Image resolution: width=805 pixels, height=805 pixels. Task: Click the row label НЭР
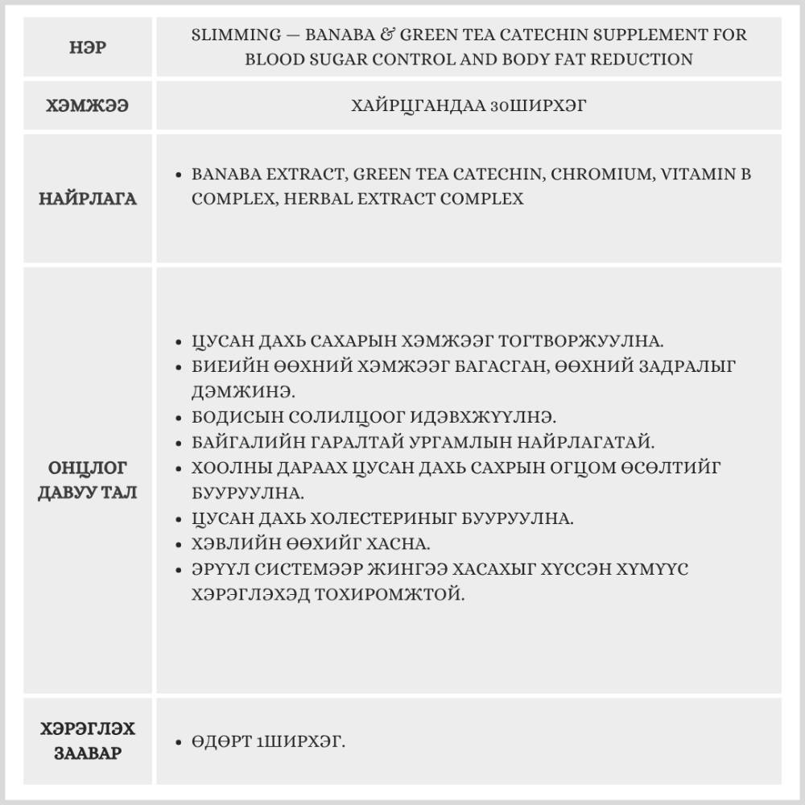click(x=88, y=47)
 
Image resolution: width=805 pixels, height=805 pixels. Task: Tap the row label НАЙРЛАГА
click(x=88, y=199)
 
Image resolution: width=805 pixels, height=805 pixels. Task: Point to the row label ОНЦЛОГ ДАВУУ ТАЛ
click(x=88, y=480)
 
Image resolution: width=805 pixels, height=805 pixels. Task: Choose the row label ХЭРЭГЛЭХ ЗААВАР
click(x=88, y=741)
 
